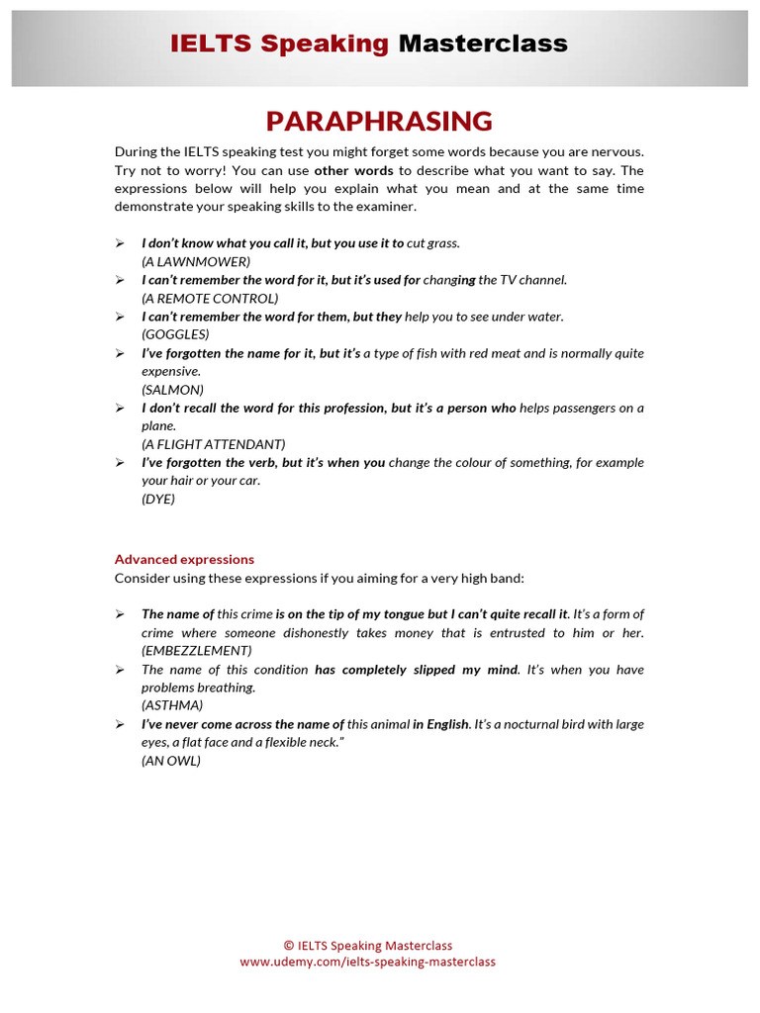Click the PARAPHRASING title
coord(379,122)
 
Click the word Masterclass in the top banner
coord(483,44)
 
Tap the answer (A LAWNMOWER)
coord(196,261)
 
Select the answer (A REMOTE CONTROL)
coord(210,298)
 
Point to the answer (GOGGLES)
coord(175,334)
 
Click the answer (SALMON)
coord(172,390)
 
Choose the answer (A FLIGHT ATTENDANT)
coord(213,444)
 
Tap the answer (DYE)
coord(158,499)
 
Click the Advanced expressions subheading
coord(184,559)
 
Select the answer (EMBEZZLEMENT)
coord(196,651)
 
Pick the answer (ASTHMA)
coord(172,705)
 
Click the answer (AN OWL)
coord(171,761)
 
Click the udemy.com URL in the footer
coord(367,962)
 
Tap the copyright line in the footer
coord(367,946)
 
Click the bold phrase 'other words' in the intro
coord(353,170)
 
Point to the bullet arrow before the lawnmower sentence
coord(119,243)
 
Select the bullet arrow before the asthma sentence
coord(119,670)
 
